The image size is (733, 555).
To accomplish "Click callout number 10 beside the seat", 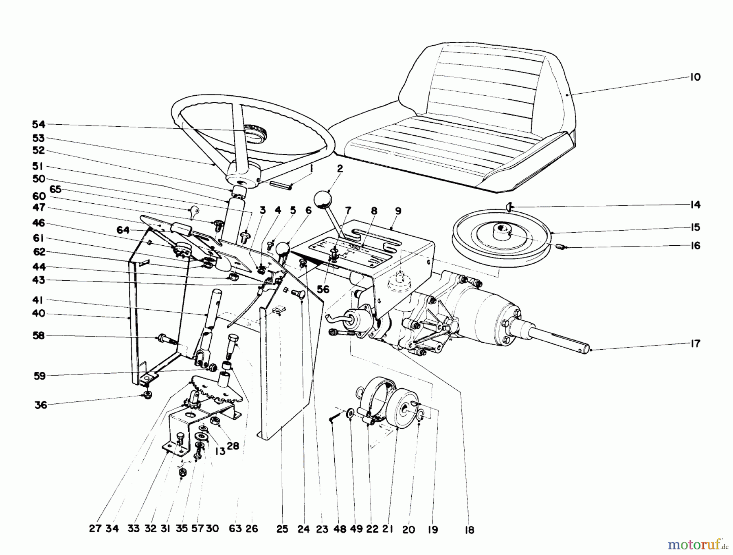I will coord(696,77).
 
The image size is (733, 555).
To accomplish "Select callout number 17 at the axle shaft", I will coord(696,344).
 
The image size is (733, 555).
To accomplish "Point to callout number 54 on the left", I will coord(39,125).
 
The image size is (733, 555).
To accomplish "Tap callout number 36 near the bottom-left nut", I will coord(41,405).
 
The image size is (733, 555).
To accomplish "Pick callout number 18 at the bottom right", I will coord(470,530).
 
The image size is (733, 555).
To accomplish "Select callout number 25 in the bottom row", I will coord(282,529).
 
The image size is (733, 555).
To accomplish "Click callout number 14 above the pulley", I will coord(696,205).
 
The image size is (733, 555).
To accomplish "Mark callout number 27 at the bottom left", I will coord(95,529).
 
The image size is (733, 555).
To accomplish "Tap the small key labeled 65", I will coord(194,211).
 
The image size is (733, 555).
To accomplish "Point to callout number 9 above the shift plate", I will coord(398,211).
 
